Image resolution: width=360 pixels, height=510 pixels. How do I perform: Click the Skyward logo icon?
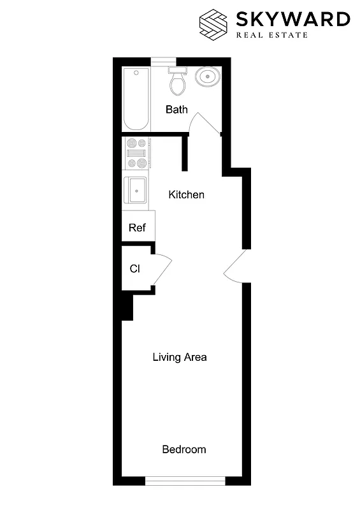pyautogui.click(x=213, y=24)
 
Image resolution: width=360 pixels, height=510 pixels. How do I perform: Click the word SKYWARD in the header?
pyautogui.click(x=292, y=19)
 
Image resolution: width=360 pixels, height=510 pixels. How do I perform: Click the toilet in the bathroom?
pyautogui.click(x=176, y=80)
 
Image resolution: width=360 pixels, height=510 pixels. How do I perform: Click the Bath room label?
pyautogui.click(x=176, y=110)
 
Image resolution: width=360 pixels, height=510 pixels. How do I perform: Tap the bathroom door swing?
pyautogui.click(x=206, y=124)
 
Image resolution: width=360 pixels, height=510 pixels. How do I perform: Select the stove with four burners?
pyautogui.click(x=136, y=154)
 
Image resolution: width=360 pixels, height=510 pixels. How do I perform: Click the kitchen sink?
pyautogui.click(x=137, y=189)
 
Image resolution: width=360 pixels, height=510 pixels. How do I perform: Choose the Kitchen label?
pyautogui.click(x=186, y=194)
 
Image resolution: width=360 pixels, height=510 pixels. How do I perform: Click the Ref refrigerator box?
pyautogui.click(x=137, y=228)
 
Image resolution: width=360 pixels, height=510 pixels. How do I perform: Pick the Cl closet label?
pyautogui.click(x=134, y=268)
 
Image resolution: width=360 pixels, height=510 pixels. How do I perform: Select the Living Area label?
pyautogui.click(x=180, y=357)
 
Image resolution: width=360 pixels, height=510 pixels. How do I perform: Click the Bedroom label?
pyautogui.click(x=184, y=449)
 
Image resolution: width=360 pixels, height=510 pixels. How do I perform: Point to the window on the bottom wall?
pyautogui.click(x=185, y=480)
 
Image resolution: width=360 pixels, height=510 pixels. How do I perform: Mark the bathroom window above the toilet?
pyautogui.click(x=164, y=61)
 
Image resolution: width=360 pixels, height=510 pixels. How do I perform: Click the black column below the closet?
pyautogui.click(x=127, y=307)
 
